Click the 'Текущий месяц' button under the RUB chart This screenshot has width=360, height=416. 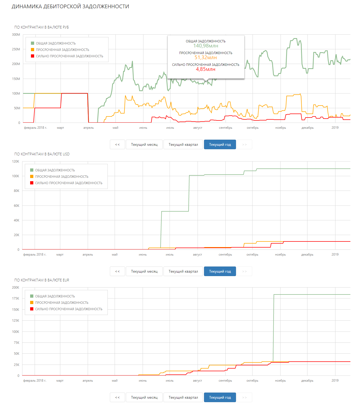click(144, 144)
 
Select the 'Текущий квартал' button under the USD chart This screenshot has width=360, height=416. click(183, 271)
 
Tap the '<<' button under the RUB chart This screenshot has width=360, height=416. click(117, 144)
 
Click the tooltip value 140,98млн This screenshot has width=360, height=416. click(206, 46)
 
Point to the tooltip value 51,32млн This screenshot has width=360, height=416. click(206, 58)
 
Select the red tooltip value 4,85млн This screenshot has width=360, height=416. click(206, 69)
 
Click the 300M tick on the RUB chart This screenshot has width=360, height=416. click(16, 35)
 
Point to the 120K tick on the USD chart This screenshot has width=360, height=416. click(16, 161)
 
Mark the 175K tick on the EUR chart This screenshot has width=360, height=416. click(16, 298)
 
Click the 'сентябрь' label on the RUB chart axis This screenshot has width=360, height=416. click(226, 128)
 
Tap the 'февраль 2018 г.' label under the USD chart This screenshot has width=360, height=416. click(35, 255)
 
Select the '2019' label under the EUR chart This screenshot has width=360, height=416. click(335, 381)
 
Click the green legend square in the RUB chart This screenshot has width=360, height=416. click(33, 43)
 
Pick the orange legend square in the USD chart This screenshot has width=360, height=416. click(32, 176)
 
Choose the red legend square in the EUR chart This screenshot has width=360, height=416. click(32, 309)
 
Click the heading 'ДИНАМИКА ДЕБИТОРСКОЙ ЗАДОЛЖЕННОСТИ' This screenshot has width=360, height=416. click(70, 7)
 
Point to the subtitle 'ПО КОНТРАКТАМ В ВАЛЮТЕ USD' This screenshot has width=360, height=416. click(42, 154)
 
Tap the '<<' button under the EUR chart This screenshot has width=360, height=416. click(117, 397)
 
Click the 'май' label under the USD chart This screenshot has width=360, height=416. click(115, 255)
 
